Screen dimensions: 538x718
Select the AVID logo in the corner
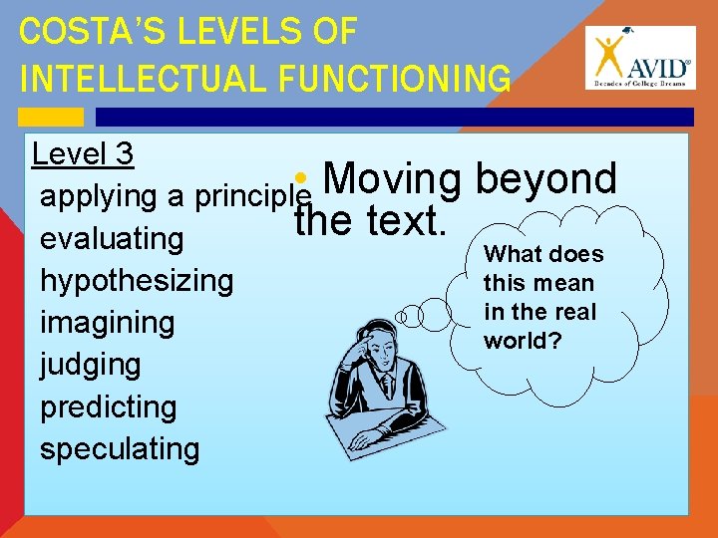click(637, 57)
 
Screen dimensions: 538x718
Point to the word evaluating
click(112, 239)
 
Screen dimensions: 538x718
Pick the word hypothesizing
click(137, 281)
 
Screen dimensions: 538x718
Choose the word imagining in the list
click(107, 323)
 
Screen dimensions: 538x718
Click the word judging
click(90, 365)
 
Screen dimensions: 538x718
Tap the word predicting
click(108, 406)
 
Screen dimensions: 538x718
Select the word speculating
click(120, 448)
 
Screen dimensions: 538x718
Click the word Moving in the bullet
click(392, 179)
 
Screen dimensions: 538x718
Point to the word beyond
click(545, 179)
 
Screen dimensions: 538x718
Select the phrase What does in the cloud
click(543, 254)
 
